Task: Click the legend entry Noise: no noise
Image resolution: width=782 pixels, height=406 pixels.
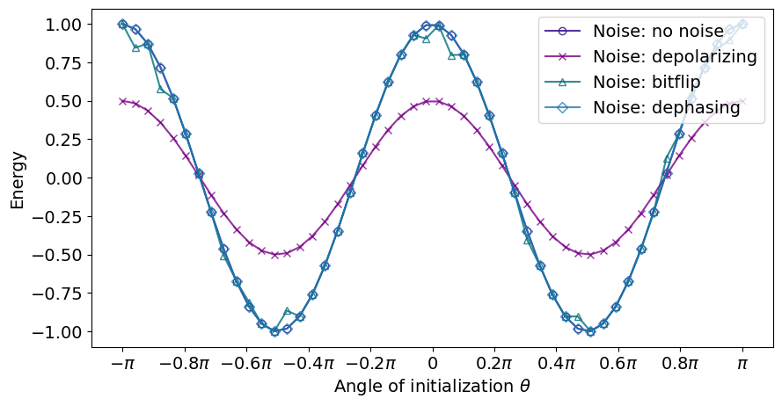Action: (658, 32)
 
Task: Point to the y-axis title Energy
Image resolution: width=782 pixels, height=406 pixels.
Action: (18, 178)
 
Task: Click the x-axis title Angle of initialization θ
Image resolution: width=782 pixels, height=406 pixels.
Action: (432, 387)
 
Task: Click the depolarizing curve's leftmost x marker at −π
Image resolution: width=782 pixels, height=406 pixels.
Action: (122, 101)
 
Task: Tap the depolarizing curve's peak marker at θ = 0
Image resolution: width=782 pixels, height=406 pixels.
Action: (432, 101)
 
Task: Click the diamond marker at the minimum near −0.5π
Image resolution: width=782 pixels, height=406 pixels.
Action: (274, 331)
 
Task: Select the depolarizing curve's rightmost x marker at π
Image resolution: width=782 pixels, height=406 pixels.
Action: (742, 101)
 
